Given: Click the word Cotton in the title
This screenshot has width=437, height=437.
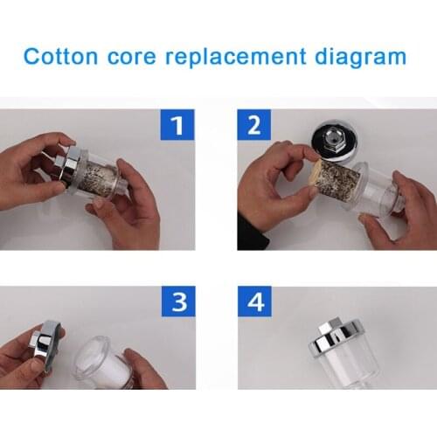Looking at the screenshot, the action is click(x=60, y=56).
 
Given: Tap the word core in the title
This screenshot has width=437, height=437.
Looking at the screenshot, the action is click(x=132, y=57).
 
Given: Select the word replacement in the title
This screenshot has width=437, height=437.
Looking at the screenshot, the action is click(x=236, y=58).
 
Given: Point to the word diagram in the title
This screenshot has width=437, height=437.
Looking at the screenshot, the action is click(x=361, y=58).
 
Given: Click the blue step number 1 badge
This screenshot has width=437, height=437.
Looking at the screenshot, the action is click(x=177, y=125).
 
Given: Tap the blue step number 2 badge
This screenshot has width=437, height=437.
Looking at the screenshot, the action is click(x=254, y=125).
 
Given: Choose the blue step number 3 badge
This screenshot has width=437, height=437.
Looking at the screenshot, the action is click(x=178, y=302).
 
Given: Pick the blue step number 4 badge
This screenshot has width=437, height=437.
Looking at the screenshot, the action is click(x=255, y=302).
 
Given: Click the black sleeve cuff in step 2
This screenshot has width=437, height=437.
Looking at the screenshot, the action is click(x=251, y=233).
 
